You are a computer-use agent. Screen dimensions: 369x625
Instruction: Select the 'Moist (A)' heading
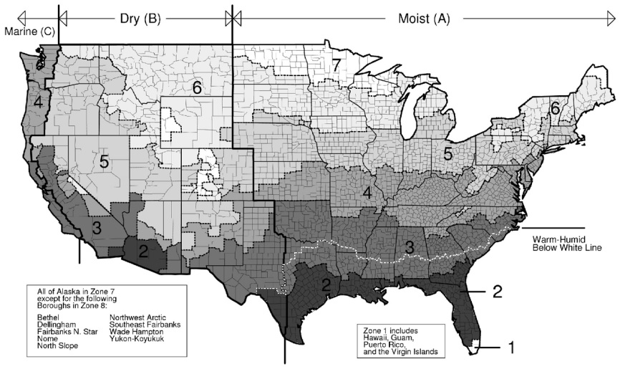[x=424, y=19]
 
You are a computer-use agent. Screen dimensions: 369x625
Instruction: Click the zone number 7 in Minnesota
[x=336, y=64]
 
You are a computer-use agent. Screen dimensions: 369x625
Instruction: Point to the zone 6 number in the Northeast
[x=555, y=109]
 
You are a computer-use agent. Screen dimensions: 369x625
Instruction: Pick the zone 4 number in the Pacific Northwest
[x=38, y=102]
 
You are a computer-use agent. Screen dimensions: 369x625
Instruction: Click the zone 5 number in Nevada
[x=104, y=162]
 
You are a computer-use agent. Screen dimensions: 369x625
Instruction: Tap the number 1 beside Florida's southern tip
[x=511, y=348]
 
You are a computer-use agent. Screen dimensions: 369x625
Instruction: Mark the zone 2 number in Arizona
[x=142, y=251]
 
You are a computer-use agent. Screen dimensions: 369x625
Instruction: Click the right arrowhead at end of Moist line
[x=610, y=19]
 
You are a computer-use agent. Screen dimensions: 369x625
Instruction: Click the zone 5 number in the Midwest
[x=447, y=153]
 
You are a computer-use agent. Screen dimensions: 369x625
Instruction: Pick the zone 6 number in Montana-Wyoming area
[x=198, y=88]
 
